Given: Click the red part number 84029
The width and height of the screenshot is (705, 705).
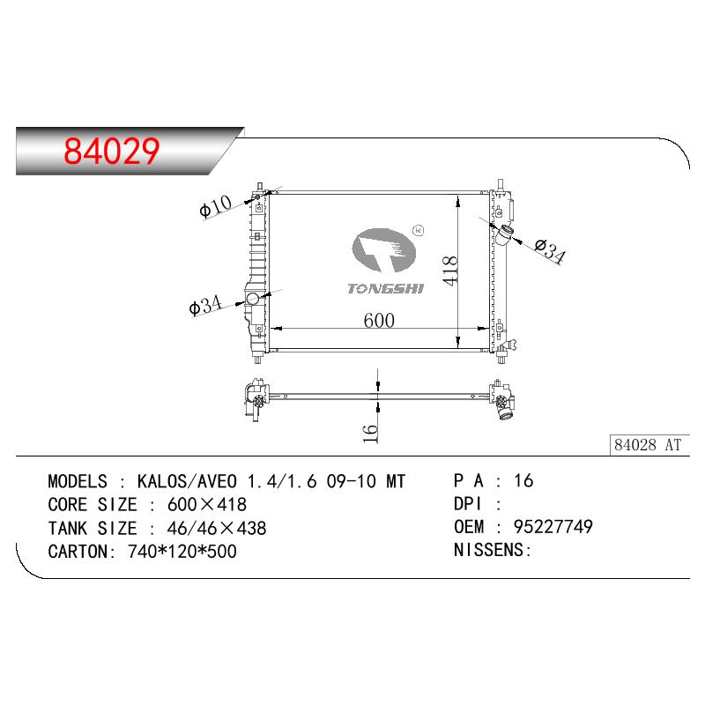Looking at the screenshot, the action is [x=112, y=151].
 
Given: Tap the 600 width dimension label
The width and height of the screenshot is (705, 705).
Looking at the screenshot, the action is [x=379, y=321].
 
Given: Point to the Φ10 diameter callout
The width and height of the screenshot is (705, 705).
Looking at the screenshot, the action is [x=215, y=206].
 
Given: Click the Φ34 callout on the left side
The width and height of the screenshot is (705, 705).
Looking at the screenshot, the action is [x=205, y=305].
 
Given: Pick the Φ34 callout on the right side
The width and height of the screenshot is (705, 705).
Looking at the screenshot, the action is [x=550, y=251].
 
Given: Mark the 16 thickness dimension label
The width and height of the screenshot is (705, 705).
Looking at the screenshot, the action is [x=369, y=434].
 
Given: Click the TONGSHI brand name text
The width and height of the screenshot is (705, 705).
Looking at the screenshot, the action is [x=385, y=288].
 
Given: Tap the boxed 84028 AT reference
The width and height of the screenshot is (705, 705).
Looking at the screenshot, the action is [x=648, y=445].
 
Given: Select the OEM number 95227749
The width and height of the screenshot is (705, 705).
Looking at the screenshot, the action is [x=553, y=526].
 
